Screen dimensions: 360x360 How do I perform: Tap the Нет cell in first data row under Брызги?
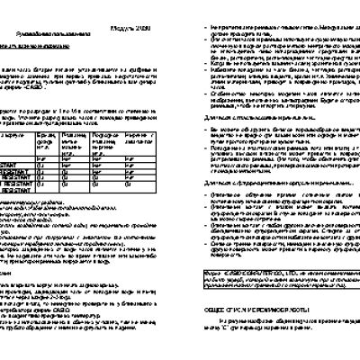[x=41, y=160]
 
